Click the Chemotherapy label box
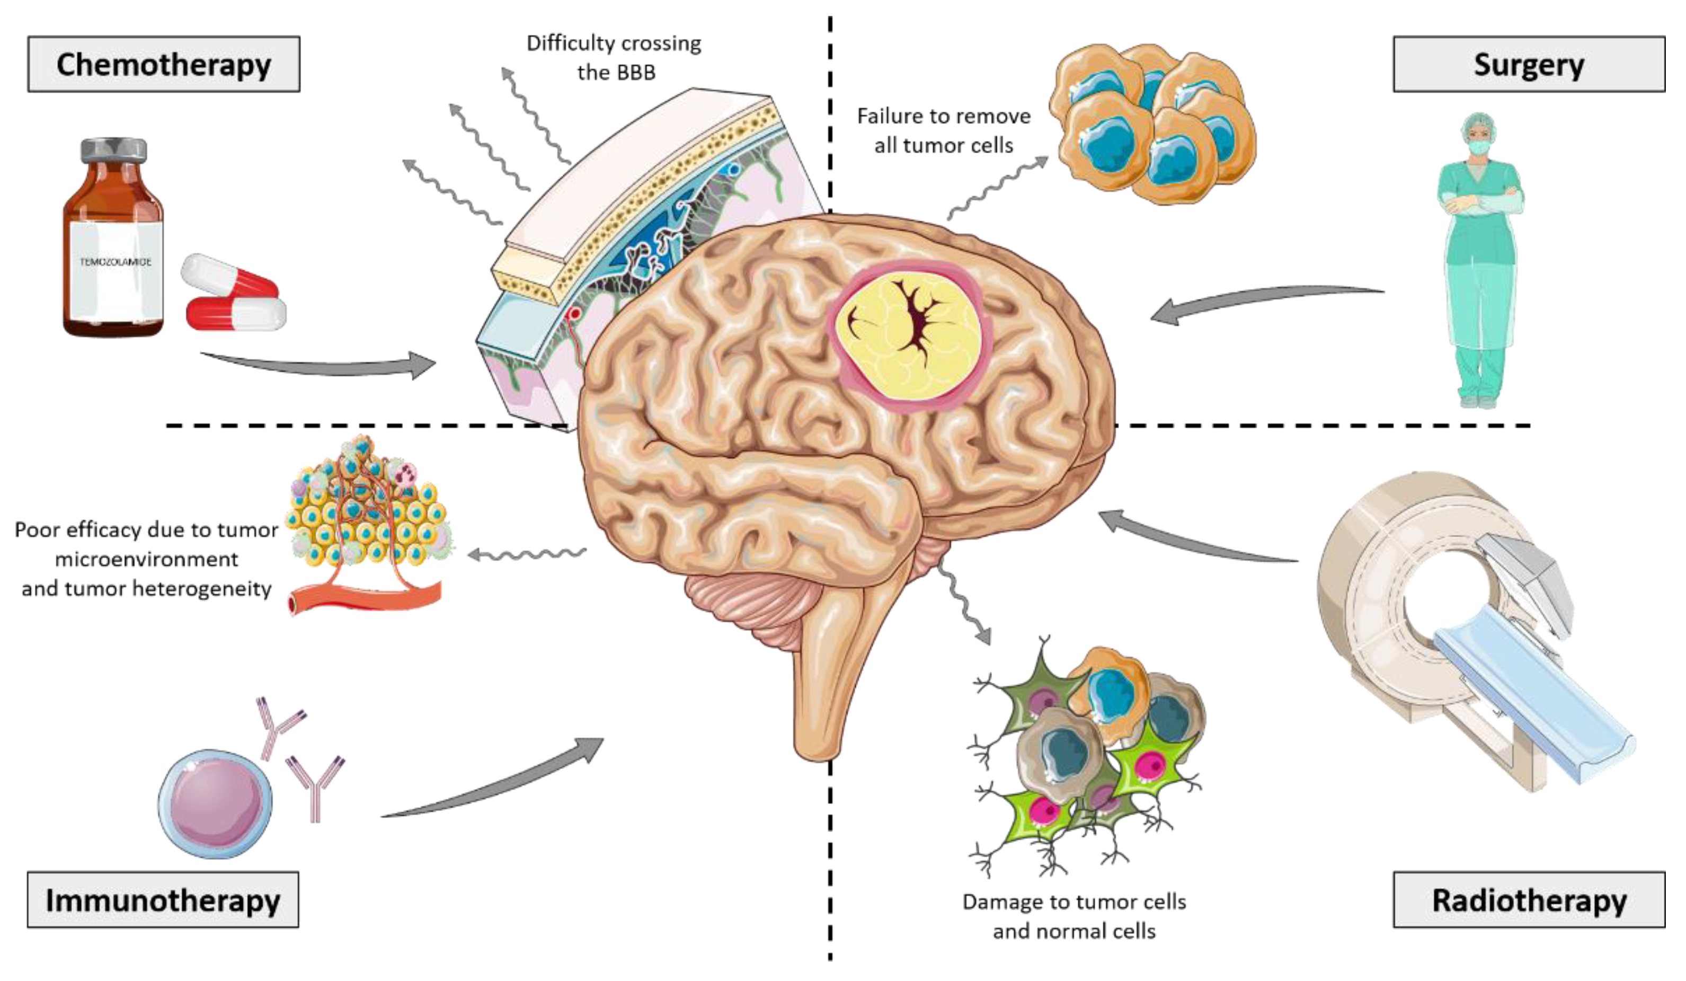(x=163, y=64)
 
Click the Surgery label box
(x=1528, y=64)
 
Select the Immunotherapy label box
(x=163, y=899)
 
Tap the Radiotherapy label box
(x=1528, y=899)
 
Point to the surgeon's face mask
(x=1480, y=146)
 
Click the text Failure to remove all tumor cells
(x=943, y=130)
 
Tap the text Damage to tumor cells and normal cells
(x=1074, y=916)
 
